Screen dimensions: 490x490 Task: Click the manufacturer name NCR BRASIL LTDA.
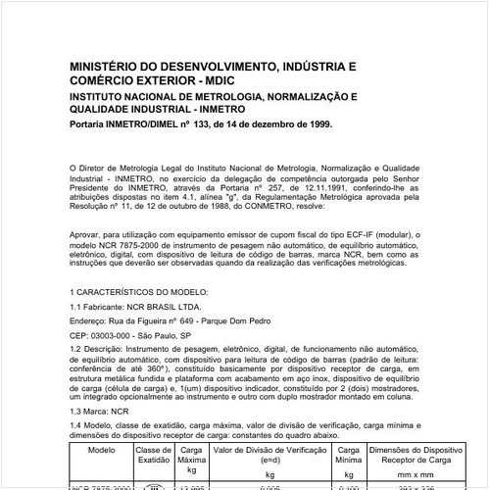(172, 308)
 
